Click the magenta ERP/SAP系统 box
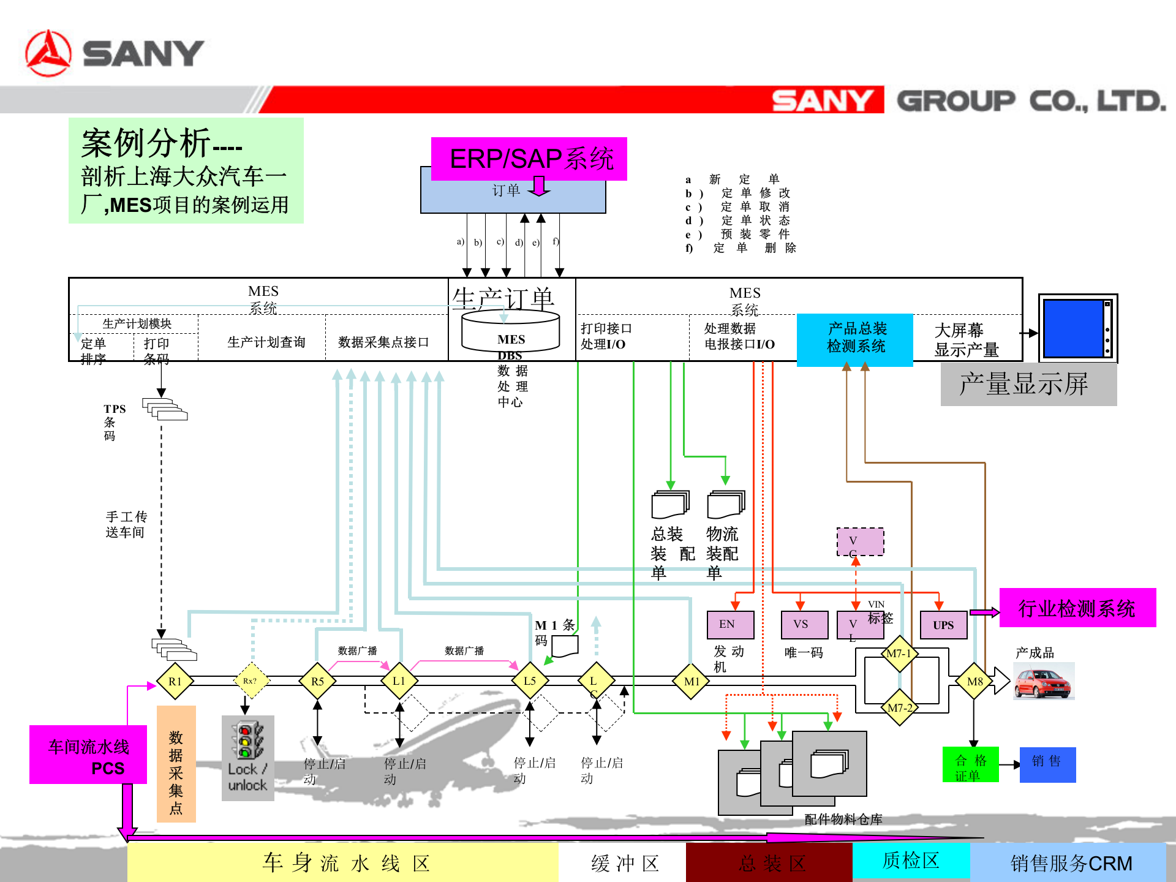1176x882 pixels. point(529,159)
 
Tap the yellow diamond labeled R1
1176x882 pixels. point(175,681)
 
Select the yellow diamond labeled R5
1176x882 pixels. point(317,681)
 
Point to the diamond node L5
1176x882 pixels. point(530,681)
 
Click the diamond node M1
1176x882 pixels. point(692,681)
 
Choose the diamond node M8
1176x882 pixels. point(974,681)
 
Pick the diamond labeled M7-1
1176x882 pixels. point(899,654)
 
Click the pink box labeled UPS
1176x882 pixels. point(943,625)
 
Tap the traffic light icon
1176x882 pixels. point(247,741)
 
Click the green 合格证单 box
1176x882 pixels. point(970,764)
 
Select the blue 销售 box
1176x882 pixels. point(1047,764)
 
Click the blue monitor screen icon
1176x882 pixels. point(1077,328)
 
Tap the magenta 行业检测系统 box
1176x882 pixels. point(1077,608)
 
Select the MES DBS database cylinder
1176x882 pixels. point(510,334)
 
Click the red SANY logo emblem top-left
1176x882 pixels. point(48,54)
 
